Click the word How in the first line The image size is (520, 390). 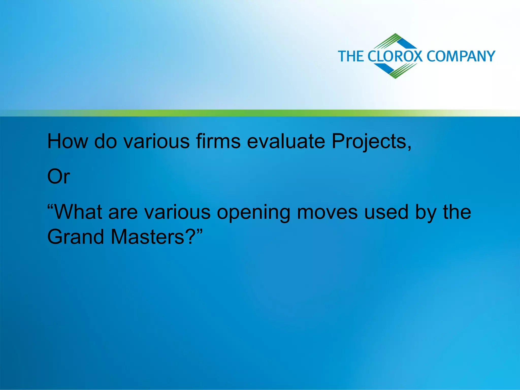tap(68, 141)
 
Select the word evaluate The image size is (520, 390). tap(286, 141)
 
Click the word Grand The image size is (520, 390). tap(76, 237)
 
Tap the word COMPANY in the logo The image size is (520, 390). tap(461, 56)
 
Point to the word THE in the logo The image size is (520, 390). tap(351, 56)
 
